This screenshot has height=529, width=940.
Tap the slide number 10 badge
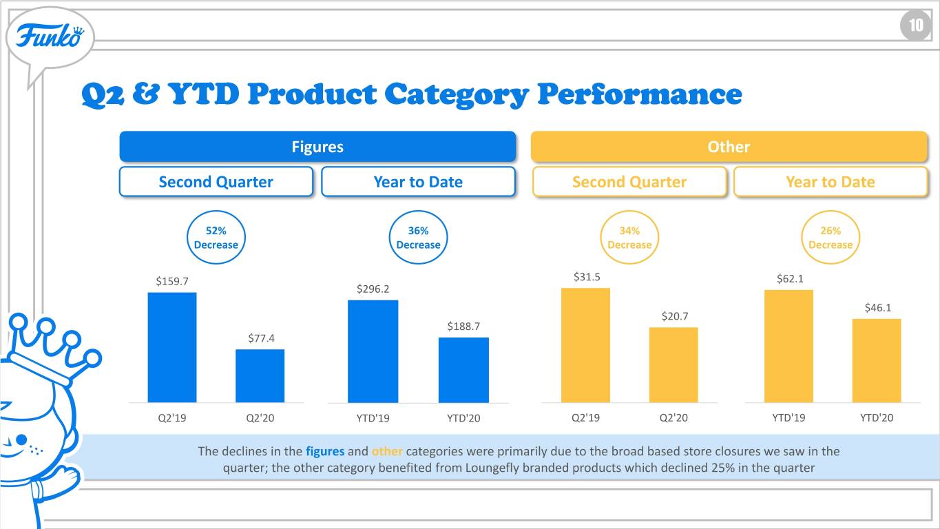(916, 25)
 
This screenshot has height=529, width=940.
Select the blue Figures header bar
(317, 147)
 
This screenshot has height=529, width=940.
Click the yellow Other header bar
(729, 147)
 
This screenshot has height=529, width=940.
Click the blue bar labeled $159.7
(172, 347)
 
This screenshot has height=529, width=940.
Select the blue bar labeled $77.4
(260, 376)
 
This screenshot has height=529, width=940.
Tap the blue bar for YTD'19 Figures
(373, 351)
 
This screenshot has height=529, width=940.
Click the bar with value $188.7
(463, 371)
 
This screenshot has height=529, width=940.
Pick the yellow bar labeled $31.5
(585, 345)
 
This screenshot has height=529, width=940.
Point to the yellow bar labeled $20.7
(673, 365)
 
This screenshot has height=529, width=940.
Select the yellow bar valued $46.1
(877, 361)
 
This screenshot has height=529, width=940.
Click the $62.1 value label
(790, 279)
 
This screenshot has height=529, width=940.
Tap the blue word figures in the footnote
(325, 451)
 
